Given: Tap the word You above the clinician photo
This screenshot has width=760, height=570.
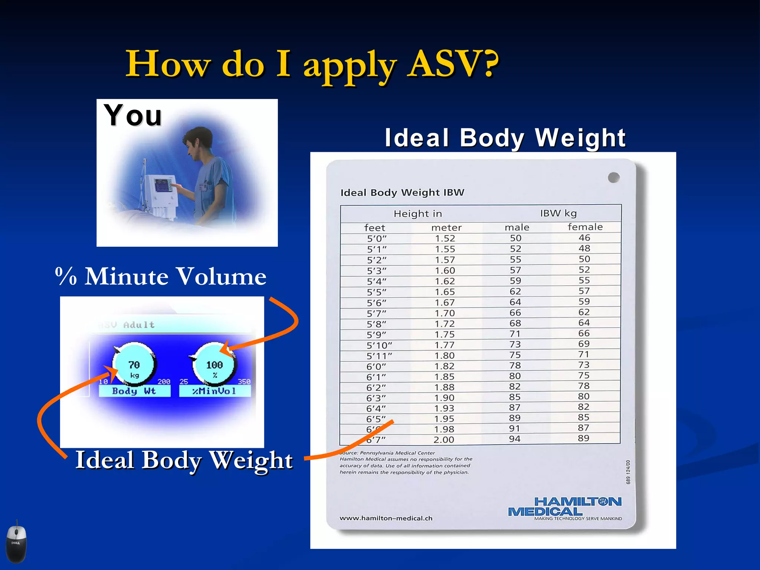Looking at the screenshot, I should pyautogui.click(x=132, y=115).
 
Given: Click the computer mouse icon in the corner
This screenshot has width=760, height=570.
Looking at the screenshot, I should pyautogui.click(x=16, y=543).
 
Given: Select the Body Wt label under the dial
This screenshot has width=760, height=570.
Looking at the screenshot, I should pyautogui.click(x=134, y=391).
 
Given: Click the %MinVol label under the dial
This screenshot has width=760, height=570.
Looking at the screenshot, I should pyautogui.click(x=214, y=391).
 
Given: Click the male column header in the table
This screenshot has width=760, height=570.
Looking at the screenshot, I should pyautogui.click(x=517, y=227).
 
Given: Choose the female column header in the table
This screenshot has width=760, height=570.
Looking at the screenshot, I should pyautogui.click(x=585, y=227).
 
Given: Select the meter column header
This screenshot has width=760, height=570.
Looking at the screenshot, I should pyautogui.click(x=446, y=227).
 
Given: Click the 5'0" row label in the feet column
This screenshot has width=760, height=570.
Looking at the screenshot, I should pyautogui.click(x=377, y=238).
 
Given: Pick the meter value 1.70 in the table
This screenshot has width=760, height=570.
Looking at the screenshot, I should pyautogui.click(x=445, y=313).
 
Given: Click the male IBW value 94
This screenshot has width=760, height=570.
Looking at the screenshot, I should pyautogui.click(x=514, y=439).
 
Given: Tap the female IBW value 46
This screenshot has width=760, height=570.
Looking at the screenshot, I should pyautogui.click(x=584, y=237).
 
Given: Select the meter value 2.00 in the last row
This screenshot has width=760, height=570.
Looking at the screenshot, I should pyautogui.click(x=444, y=440).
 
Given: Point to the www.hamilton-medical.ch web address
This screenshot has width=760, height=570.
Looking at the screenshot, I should pyautogui.click(x=386, y=518).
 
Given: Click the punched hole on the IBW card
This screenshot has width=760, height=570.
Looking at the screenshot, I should pyautogui.click(x=614, y=177).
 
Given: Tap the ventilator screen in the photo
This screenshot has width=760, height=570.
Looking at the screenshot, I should pyautogui.click(x=163, y=185).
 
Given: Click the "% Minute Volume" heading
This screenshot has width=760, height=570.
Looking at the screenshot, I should pyautogui.click(x=161, y=276).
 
